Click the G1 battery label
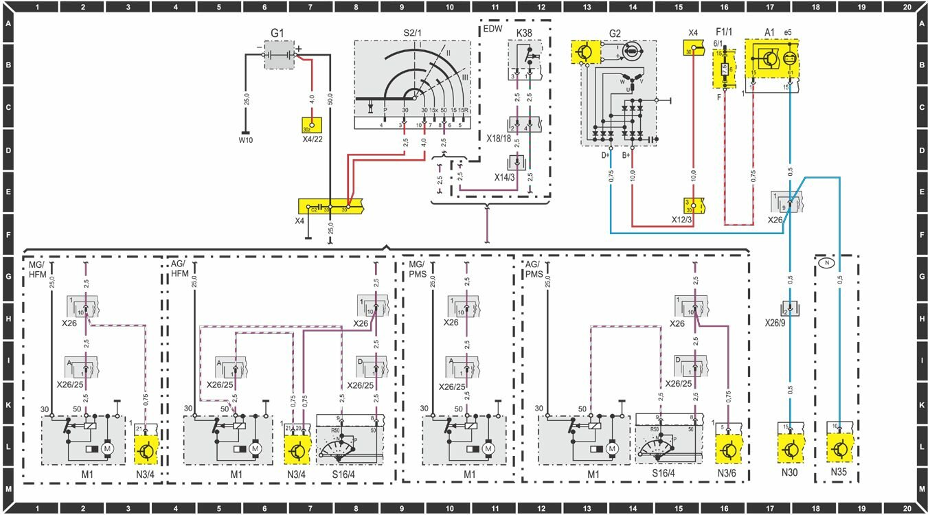[280, 32]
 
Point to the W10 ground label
[246, 141]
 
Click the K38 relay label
[523, 32]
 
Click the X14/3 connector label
[506, 176]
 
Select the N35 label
[839, 473]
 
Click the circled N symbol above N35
[828, 262]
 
